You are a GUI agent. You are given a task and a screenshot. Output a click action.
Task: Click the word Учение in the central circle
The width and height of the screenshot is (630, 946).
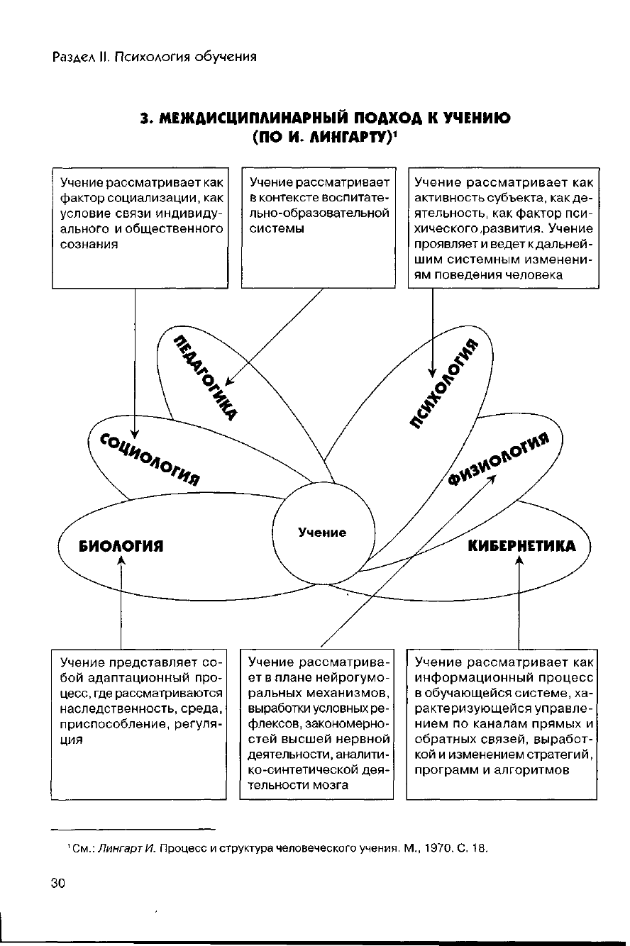click(322, 532)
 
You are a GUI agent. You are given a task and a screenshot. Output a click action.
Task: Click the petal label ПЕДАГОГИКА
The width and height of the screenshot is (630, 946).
click(205, 376)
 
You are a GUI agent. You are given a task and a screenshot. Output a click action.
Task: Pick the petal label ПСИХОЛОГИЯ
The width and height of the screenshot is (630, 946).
click(444, 384)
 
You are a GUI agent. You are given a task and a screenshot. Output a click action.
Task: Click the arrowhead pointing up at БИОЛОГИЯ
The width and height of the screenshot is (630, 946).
click(122, 561)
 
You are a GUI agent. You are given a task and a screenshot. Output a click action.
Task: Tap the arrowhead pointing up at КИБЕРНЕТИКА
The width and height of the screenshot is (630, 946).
click(519, 561)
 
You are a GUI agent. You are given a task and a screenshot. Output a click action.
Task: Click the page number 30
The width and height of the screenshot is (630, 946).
click(57, 883)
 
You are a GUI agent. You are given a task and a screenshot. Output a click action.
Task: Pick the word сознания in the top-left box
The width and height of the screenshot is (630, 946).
click(89, 243)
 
